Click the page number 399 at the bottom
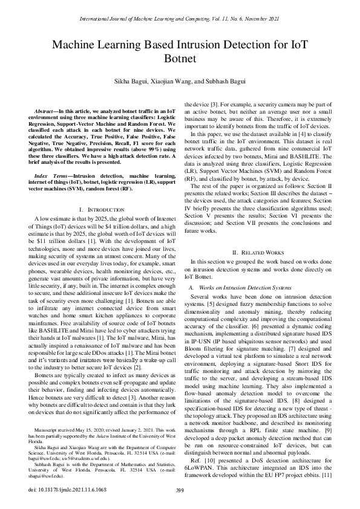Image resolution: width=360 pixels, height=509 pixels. coord(180,490)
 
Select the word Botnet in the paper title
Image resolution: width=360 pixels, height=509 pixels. coord(180,59)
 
